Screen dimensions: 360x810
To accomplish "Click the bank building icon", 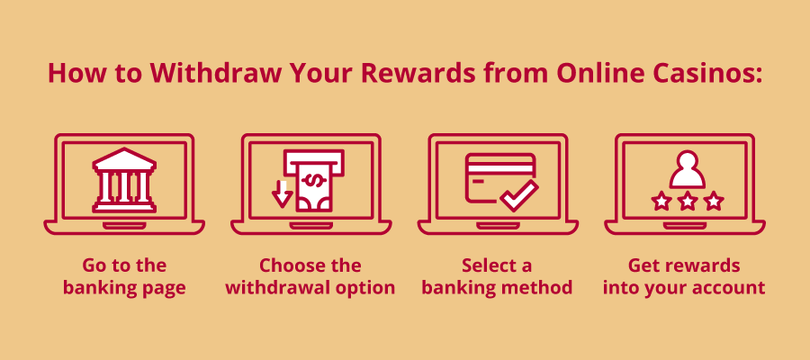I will pos(124,181).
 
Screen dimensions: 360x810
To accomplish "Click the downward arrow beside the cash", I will pos(282,192).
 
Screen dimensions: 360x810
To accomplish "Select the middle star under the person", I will pos(688,201).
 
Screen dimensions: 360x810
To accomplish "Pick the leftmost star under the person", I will pos(661,201).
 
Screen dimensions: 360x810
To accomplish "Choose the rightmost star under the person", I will pos(714,201).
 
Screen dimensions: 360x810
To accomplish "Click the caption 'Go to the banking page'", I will pos(124,277).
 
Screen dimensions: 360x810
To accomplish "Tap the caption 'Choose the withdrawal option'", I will pos(310,277).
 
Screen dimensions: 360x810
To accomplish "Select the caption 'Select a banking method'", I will pos(497,277).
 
